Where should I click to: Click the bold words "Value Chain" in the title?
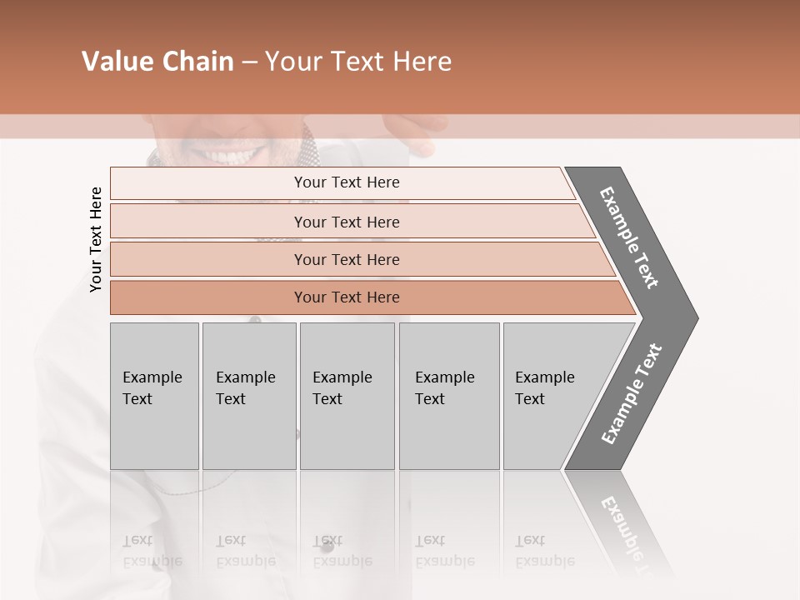point(157,62)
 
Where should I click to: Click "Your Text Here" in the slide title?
point(358,62)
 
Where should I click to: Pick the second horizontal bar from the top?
point(347,222)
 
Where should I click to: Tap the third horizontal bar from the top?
point(347,259)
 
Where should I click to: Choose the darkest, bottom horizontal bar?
point(347,297)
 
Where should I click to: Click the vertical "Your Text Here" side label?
point(96,239)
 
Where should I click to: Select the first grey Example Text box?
point(154,396)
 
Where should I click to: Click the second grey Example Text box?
point(248,396)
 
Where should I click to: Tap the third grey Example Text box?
point(347,396)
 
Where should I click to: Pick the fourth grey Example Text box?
point(448,396)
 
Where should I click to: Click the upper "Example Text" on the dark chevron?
point(630,237)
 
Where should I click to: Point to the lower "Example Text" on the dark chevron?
point(632,393)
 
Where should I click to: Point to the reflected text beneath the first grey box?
point(152,551)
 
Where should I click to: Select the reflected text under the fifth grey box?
point(544,551)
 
